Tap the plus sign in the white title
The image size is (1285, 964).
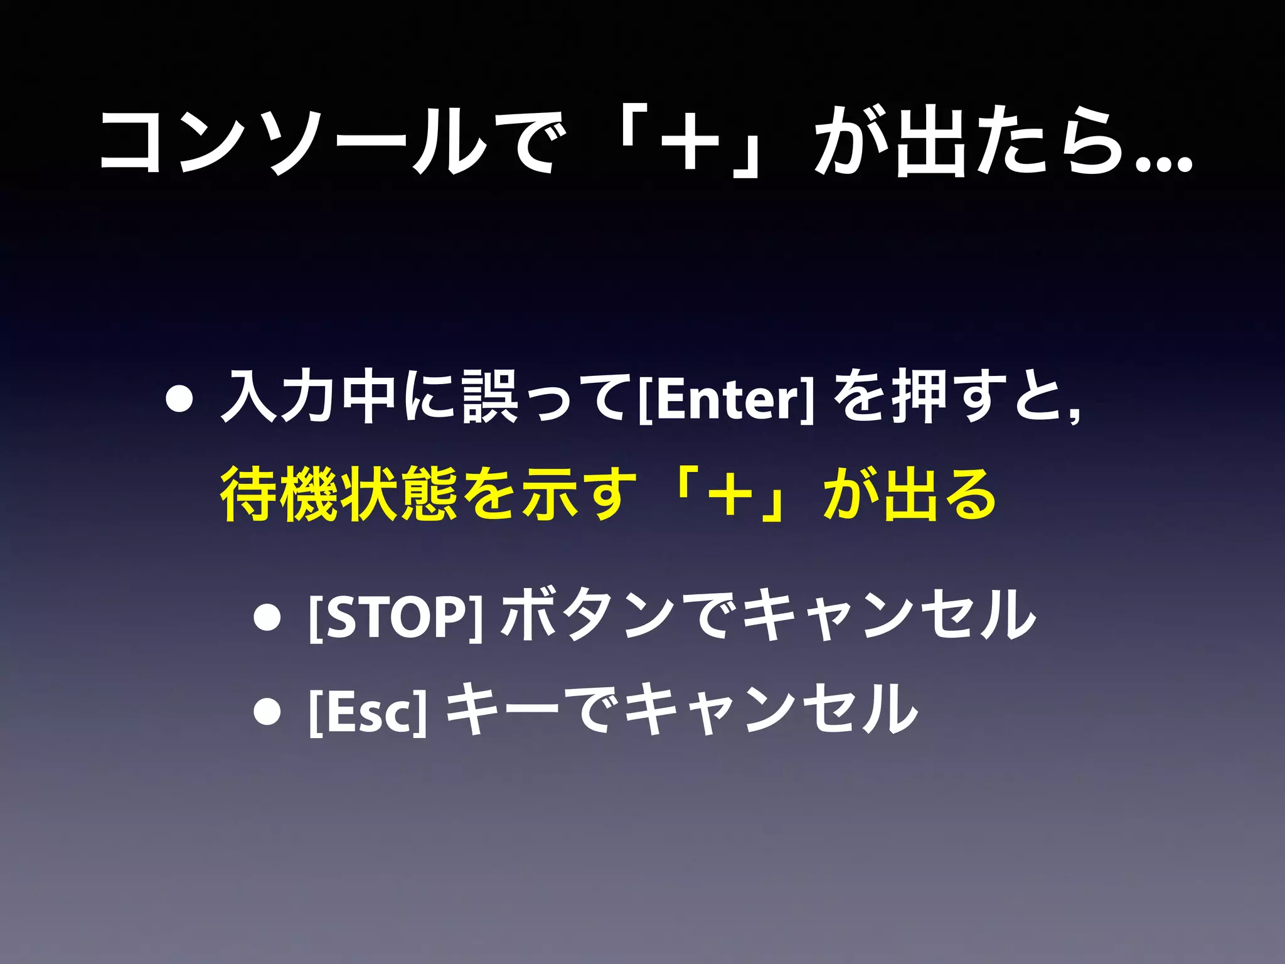[690, 142]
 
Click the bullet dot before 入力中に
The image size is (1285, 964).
[179, 400]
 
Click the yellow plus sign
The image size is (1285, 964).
[728, 495]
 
